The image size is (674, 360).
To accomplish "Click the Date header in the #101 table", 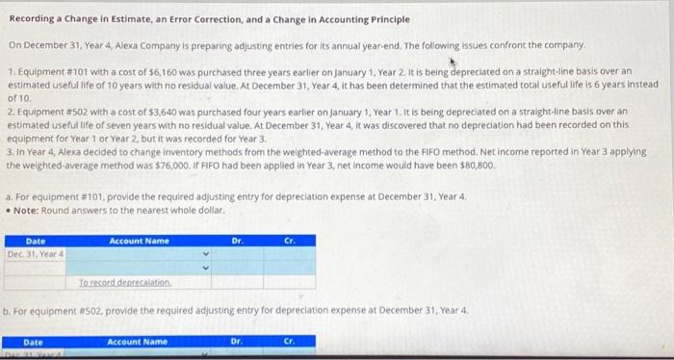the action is pyautogui.click(x=36, y=241).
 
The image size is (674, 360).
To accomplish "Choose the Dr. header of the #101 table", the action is pyautogui.click(x=237, y=241).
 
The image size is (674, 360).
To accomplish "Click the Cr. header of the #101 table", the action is pyautogui.click(x=289, y=241).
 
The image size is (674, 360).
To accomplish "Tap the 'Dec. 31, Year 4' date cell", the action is pyautogui.click(x=36, y=254).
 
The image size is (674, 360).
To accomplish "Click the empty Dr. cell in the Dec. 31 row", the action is pyautogui.click(x=237, y=255).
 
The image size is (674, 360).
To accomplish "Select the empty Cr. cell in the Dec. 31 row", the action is pyautogui.click(x=289, y=255).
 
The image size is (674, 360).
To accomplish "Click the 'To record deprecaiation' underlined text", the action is pyautogui.click(x=125, y=282).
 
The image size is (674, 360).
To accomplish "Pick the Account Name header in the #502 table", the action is pyautogui.click(x=137, y=342).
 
